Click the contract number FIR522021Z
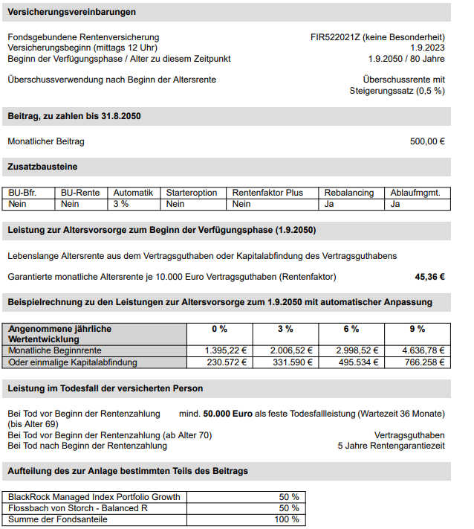[x=337, y=37]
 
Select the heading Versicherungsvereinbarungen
[x=72, y=13]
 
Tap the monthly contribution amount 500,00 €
[x=427, y=141]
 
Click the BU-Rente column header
[x=80, y=193]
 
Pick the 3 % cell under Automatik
[x=121, y=203]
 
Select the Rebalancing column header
[x=349, y=193]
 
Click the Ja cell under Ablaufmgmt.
[x=395, y=203]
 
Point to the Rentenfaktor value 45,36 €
[x=429, y=277]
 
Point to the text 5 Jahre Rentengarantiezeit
[x=391, y=446]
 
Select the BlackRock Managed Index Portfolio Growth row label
[x=94, y=497]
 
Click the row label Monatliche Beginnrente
[x=55, y=350]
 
